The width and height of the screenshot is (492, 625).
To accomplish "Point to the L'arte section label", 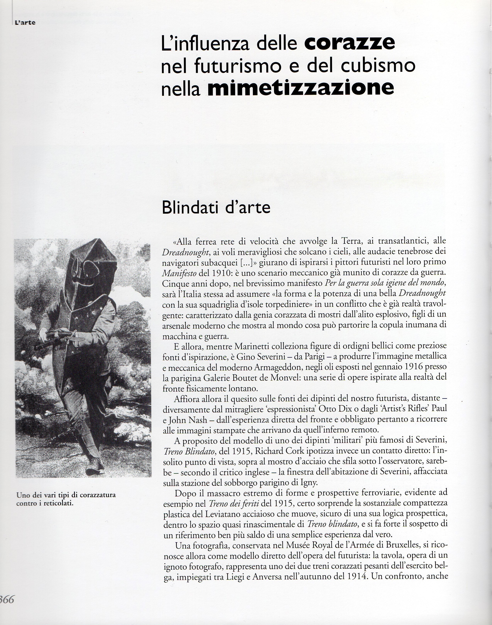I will coord(25,22).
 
